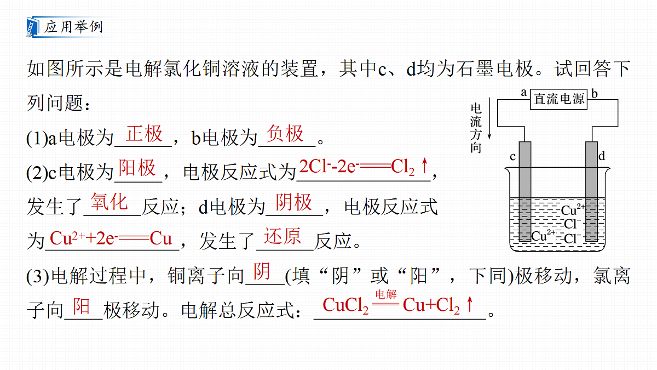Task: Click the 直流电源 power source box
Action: coord(558,99)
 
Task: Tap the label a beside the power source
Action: coord(523,93)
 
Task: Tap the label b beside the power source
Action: coord(594,93)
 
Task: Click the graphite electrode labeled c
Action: coord(525,191)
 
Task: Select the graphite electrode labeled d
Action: coord(591,191)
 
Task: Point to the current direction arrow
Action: coord(489,118)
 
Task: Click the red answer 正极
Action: coord(144,134)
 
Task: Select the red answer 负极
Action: coord(285,134)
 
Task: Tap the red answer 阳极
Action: coord(137,168)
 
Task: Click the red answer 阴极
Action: coord(293,202)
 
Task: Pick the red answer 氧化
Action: coord(109,202)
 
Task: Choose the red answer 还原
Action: coord(282,236)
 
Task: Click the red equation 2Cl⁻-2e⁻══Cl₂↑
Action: coord(364,167)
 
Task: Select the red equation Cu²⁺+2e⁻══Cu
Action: coord(111,238)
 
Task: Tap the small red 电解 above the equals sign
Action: coord(385,294)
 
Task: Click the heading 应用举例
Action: coord(73,27)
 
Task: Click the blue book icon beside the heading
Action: coord(33,27)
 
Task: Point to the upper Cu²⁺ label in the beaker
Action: coord(573,209)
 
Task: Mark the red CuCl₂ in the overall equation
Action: coord(345,305)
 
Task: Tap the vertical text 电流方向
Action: coord(476,128)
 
